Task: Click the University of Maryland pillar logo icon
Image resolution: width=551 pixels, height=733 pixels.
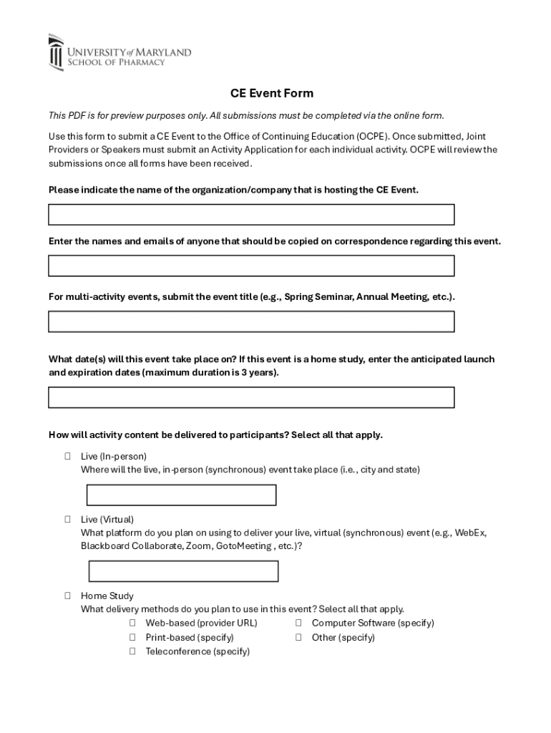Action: [x=56, y=52]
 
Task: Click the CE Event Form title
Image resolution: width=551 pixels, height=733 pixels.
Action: [x=271, y=94]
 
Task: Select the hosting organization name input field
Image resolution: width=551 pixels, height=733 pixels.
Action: [x=251, y=215]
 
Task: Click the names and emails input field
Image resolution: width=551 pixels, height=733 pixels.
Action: [x=251, y=266]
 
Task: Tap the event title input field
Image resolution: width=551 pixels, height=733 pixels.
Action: [x=251, y=321]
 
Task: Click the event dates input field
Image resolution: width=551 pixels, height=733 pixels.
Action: [x=251, y=397]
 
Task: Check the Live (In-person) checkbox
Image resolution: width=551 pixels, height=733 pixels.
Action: [x=67, y=456]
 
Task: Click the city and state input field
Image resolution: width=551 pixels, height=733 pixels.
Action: [x=181, y=495]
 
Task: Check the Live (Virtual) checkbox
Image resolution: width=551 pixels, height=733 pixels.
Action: [x=67, y=519]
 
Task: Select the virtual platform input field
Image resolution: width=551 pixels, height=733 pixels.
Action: [x=183, y=571]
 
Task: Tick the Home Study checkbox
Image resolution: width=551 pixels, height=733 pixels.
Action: [x=67, y=596]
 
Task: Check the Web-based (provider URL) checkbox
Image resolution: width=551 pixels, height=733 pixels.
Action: [x=133, y=623]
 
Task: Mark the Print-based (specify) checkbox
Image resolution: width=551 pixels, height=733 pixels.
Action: [x=133, y=637]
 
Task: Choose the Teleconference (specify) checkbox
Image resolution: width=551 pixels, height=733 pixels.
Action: [x=133, y=651]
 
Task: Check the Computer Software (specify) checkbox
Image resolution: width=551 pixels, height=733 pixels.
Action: [x=298, y=623]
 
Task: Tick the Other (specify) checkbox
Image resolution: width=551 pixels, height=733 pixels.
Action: [x=298, y=637]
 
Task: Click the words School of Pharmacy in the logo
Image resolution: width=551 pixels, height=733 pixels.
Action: [x=116, y=62]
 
